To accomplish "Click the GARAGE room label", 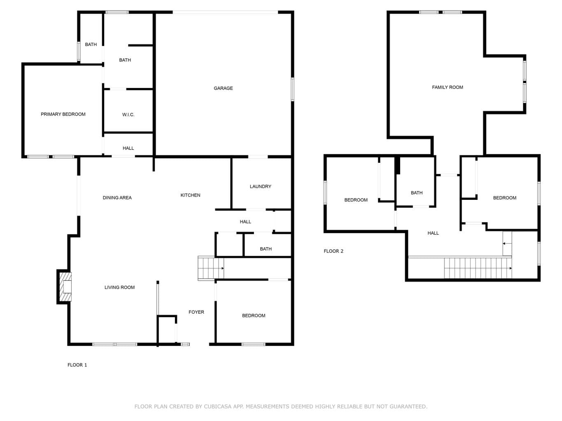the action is pyautogui.click(x=223, y=88).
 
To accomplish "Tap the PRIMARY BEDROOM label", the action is pyautogui.click(x=63, y=114).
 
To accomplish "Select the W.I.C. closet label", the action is pyautogui.click(x=128, y=115).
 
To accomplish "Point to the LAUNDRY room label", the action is pyautogui.click(x=260, y=187).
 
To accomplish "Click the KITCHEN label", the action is pyautogui.click(x=190, y=195).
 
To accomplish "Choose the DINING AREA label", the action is pyautogui.click(x=117, y=198).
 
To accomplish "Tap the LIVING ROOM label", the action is pyautogui.click(x=119, y=287).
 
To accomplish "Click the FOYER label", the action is pyautogui.click(x=196, y=312).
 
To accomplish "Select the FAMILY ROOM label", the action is pyautogui.click(x=447, y=88).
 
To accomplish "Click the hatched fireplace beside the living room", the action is pyautogui.click(x=65, y=287).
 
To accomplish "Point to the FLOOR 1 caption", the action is pyautogui.click(x=77, y=365).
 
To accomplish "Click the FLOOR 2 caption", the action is pyautogui.click(x=333, y=251).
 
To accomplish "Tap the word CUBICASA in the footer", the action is pyautogui.click(x=218, y=407).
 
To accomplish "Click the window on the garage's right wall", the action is pyautogui.click(x=292, y=90).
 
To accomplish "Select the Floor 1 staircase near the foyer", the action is pyautogui.click(x=211, y=268).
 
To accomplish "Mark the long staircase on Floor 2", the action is pyautogui.click(x=478, y=268).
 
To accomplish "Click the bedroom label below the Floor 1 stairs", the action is pyautogui.click(x=254, y=316).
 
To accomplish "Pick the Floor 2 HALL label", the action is pyautogui.click(x=433, y=233).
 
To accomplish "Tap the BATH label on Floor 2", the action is pyautogui.click(x=417, y=193).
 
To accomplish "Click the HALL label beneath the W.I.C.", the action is pyautogui.click(x=128, y=148).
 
